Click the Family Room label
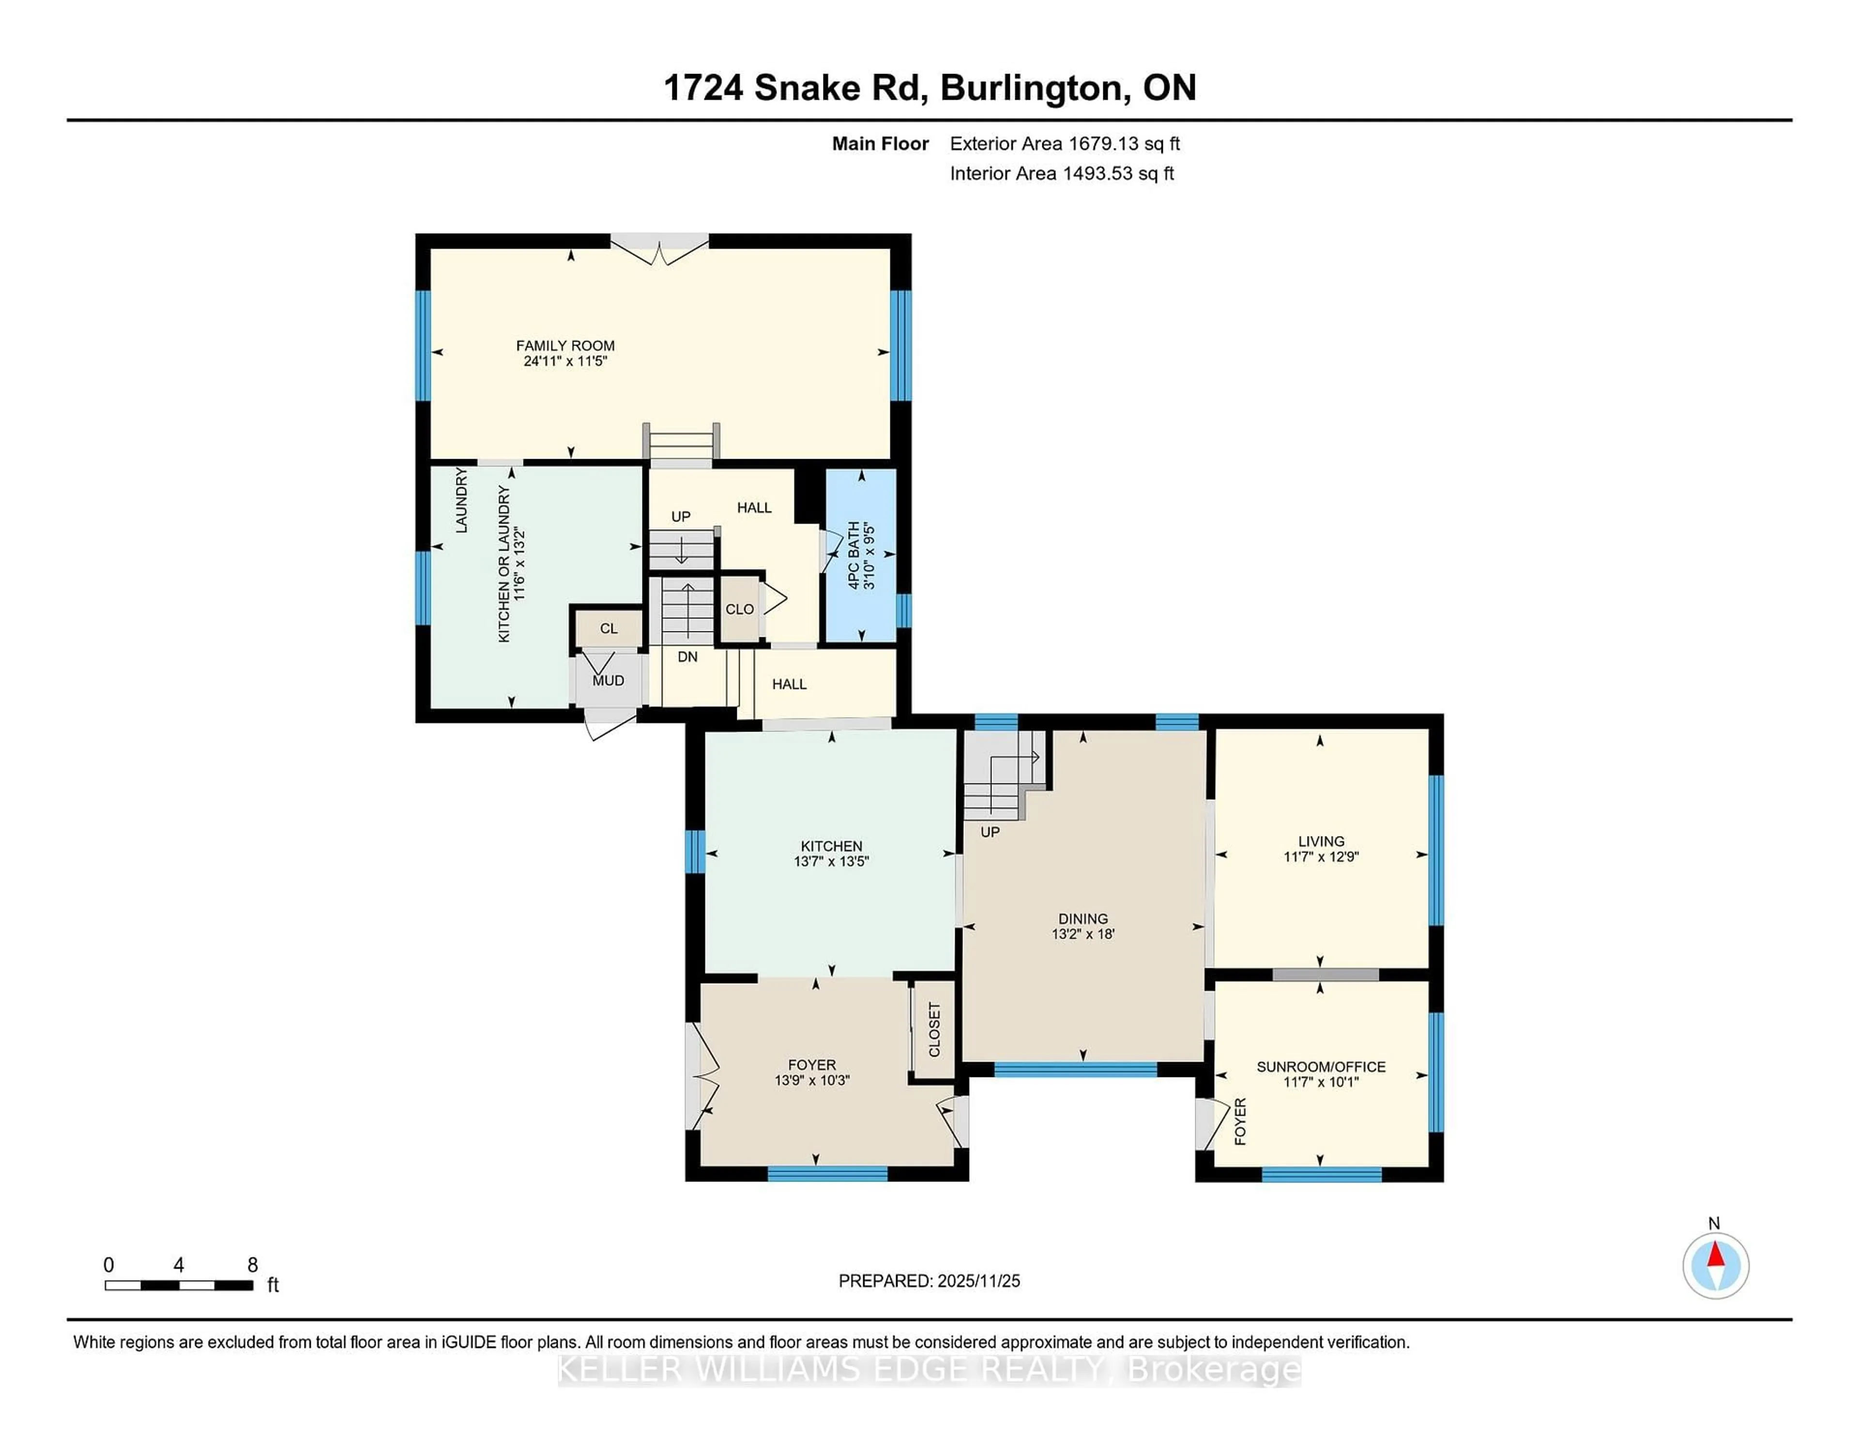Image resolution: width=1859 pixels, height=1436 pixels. [x=565, y=345]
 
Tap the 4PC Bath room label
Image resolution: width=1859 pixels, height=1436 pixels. [x=854, y=555]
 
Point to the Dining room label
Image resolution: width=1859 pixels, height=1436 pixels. [x=1082, y=919]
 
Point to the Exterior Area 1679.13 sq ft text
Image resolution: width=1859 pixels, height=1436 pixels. [x=1064, y=144]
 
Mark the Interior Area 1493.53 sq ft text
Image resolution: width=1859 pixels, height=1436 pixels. [x=1062, y=174]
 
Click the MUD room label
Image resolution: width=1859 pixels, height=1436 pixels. [x=608, y=681]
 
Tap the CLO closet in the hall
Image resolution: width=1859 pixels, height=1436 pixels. [x=739, y=609]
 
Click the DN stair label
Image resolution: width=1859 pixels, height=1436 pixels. [x=687, y=657]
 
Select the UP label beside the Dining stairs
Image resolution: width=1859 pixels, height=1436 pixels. [x=989, y=832]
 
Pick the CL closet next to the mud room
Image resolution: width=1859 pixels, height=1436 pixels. [x=608, y=628]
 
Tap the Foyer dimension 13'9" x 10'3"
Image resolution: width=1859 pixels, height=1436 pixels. [x=811, y=1080]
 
